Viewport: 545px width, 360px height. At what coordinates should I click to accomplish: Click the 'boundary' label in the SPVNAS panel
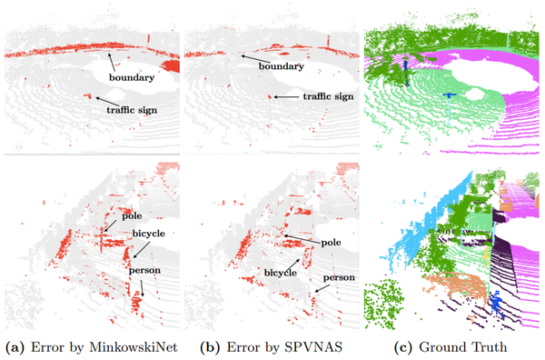280,66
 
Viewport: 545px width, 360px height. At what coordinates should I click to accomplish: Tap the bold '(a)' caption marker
16,346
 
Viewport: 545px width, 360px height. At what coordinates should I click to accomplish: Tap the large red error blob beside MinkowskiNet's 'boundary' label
169,66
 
